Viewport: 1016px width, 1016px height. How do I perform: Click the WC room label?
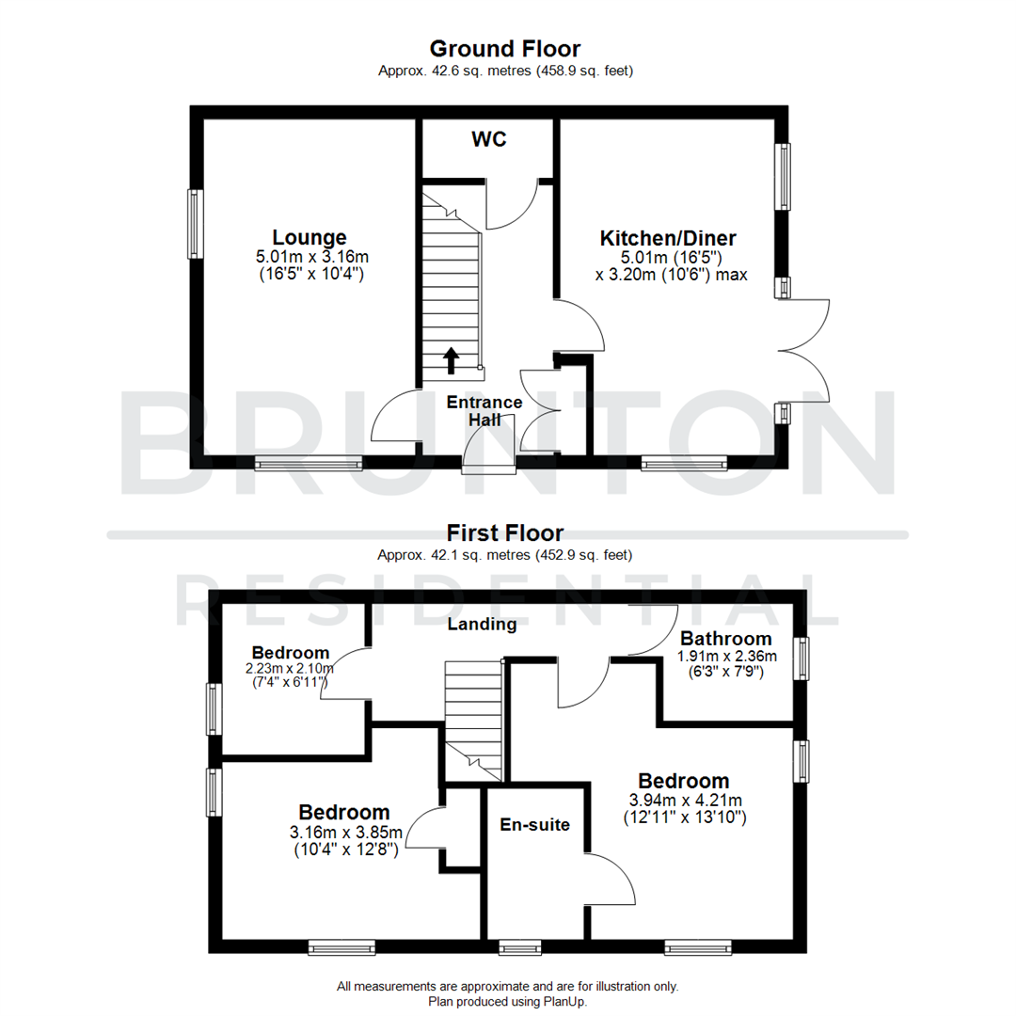[x=488, y=140]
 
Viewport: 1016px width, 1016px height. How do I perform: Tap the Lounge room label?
[x=310, y=238]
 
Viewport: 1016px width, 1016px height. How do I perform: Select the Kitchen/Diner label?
[x=668, y=238]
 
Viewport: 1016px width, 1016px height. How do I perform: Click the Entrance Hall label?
[x=484, y=411]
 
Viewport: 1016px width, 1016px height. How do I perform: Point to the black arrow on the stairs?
[x=451, y=359]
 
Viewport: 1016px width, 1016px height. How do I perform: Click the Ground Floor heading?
[x=505, y=49]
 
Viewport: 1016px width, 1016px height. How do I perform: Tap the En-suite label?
[x=533, y=825]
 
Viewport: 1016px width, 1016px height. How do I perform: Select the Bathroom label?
[x=726, y=639]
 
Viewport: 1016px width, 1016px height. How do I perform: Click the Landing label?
[x=482, y=624]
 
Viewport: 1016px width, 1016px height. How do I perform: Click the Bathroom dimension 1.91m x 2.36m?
[x=727, y=656]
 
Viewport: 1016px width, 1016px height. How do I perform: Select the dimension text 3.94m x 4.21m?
[x=685, y=802]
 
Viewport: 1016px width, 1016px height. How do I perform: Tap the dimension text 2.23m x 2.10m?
[x=291, y=669]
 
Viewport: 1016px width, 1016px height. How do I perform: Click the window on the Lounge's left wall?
[x=195, y=224]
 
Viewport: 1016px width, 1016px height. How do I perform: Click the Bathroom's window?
[x=801, y=659]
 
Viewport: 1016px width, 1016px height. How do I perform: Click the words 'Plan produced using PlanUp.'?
[x=507, y=1001]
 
